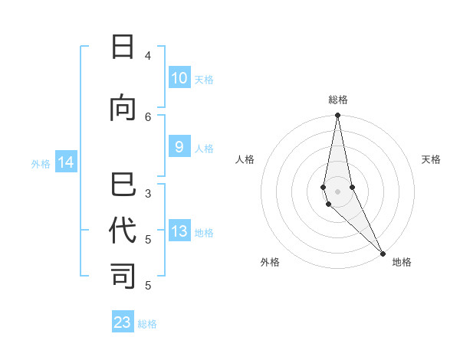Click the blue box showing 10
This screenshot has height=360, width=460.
pyautogui.click(x=179, y=78)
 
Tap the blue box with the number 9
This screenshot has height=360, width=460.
pyautogui.click(x=179, y=148)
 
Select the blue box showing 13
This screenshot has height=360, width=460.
pyautogui.click(x=179, y=232)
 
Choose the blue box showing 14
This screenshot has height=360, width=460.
pyautogui.click(x=65, y=162)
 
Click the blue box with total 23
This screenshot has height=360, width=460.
pyautogui.click(x=123, y=322)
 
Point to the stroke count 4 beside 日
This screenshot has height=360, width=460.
pyautogui.click(x=148, y=55)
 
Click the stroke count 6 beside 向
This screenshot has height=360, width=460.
pyautogui.click(x=148, y=116)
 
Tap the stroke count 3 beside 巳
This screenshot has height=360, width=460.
pyautogui.click(x=148, y=193)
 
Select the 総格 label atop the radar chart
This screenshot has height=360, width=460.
pyautogui.click(x=338, y=100)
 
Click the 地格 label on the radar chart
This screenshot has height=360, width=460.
pyautogui.click(x=402, y=262)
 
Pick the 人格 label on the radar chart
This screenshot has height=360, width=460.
pyautogui.click(x=245, y=159)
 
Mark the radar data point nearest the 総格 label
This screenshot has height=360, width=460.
pyautogui.click(x=337, y=116)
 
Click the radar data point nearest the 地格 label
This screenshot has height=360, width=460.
pyautogui.click(x=383, y=253)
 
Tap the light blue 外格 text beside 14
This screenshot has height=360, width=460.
pyautogui.click(x=41, y=163)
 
